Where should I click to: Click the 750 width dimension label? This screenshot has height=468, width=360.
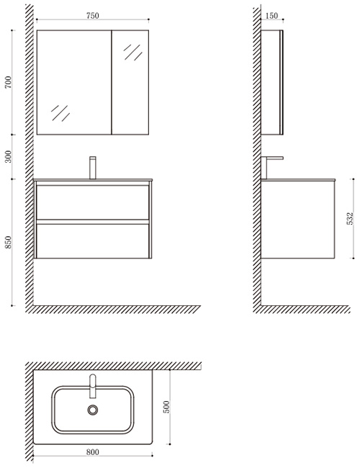(93, 16)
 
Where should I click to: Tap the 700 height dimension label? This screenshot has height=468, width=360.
(8, 82)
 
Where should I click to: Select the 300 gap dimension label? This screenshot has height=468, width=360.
(8, 157)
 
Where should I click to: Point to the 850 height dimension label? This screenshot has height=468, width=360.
(8, 242)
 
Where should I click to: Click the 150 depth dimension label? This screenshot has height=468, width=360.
(271, 16)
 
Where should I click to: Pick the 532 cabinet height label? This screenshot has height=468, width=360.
(350, 218)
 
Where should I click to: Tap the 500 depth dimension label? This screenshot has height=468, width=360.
(166, 407)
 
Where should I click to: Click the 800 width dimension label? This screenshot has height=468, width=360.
(93, 452)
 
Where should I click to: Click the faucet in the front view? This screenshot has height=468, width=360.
(93, 168)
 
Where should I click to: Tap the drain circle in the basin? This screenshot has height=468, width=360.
(93, 410)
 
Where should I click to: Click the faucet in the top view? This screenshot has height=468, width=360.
(93, 386)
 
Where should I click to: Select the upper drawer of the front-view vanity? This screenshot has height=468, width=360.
(93, 202)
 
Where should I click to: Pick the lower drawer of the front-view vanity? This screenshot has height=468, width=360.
(93, 241)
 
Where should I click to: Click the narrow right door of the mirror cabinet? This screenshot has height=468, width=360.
(130, 82)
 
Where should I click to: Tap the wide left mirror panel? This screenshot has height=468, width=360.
(74, 82)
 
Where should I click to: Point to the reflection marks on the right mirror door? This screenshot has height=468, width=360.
(133, 53)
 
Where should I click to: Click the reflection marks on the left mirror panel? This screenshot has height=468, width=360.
(60, 113)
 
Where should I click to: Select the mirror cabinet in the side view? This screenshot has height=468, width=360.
(272, 82)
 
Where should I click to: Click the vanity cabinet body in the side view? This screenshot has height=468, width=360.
(298, 219)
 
